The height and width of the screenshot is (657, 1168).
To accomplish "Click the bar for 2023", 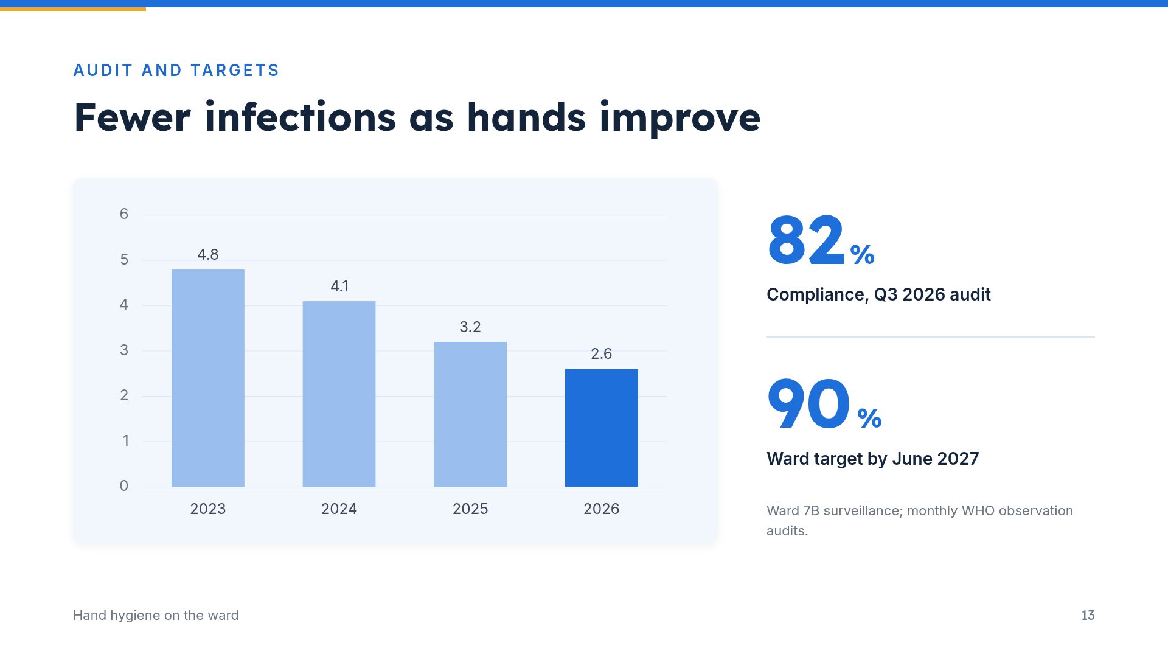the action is point(208,378).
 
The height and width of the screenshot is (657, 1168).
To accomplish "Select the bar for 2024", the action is point(339,394).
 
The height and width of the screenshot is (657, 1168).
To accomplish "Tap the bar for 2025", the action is point(470,414).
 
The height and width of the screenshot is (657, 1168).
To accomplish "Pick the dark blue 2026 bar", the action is point(602,428).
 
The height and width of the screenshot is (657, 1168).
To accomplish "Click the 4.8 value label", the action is point(208,254).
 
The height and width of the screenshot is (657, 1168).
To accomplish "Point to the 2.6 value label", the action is point(602,353).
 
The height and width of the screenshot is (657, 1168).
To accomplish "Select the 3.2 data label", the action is point(470,327).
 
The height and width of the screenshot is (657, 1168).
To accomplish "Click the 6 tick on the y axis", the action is point(124,214).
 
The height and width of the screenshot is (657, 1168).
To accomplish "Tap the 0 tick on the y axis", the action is point(124,485).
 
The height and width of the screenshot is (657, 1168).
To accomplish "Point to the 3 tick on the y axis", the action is point(124,350).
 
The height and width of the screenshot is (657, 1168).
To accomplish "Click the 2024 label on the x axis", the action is point(339,509).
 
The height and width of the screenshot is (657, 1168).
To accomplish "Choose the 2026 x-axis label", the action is point(602,509).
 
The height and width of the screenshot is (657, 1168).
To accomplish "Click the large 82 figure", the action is point(807,240).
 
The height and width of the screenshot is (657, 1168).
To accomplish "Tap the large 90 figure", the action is point(809,404).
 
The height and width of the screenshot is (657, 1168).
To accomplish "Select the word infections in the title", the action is point(301,117).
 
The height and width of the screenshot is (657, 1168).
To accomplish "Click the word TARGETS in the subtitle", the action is point(235,71).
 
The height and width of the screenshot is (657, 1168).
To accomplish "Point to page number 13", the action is point(1088,615).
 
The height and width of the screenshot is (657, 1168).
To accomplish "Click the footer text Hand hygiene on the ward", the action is point(156,615).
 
